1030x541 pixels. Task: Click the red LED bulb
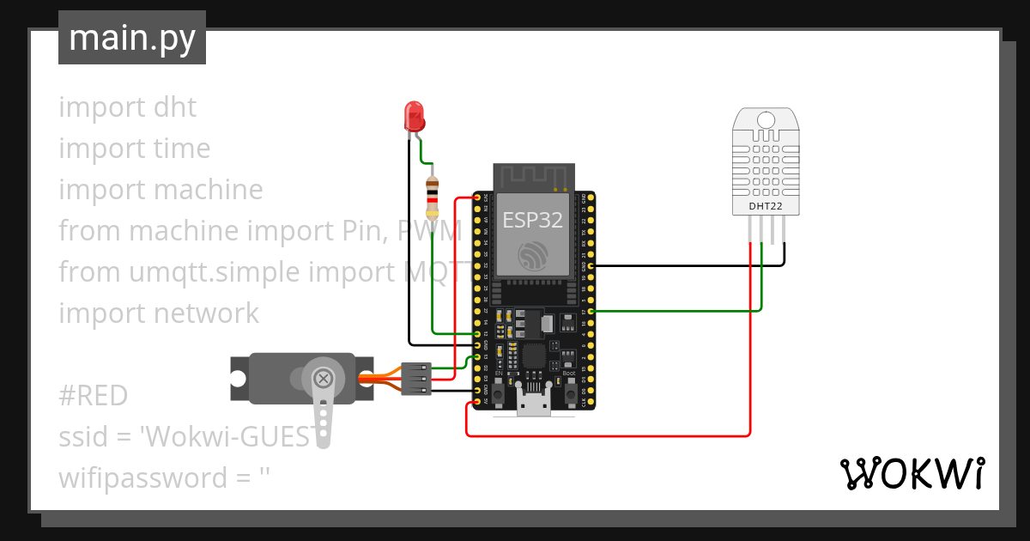(414, 114)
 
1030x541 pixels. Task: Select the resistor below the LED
(432, 197)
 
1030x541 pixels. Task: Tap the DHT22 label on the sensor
(765, 206)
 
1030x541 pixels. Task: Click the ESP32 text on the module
(532, 220)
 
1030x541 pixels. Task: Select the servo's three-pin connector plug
(415, 378)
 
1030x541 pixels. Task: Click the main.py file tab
(131, 38)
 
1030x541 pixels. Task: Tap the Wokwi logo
(912, 473)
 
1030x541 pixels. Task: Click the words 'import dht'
(128, 107)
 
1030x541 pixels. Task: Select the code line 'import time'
(135, 149)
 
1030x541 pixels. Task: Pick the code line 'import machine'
(161, 190)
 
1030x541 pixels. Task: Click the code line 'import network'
(159, 313)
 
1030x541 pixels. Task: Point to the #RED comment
(93, 396)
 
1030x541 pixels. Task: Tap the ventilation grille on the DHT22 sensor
(765, 162)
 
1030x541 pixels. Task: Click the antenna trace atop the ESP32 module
(532, 177)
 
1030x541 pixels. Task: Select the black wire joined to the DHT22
(687, 266)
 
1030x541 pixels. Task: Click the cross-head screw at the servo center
(324, 379)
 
